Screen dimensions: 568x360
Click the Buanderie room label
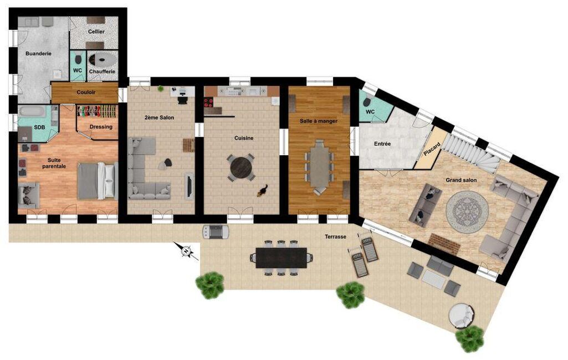(x=38, y=54)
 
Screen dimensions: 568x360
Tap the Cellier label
(x=96, y=32)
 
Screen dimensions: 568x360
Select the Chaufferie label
(x=102, y=71)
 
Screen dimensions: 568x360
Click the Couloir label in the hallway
(x=86, y=92)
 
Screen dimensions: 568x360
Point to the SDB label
(x=39, y=127)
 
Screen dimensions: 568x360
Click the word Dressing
(x=101, y=127)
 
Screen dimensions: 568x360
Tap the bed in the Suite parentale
(x=98, y=181)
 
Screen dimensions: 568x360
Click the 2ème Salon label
(x=160, y=117)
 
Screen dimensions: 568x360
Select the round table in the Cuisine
(x=241, y=168)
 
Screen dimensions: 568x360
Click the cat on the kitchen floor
(x=262, y=191)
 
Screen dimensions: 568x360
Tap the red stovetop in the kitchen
(x=208, y=102)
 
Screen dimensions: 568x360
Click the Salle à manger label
(x=319, y=121)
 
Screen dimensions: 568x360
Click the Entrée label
(x=382, y=144)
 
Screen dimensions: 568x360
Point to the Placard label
(x=432, y=149)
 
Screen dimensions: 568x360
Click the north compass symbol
(x=186, y=251)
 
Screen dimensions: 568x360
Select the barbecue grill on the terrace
(x=216, y=232)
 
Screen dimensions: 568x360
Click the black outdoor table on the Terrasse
(x=281, y=258)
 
